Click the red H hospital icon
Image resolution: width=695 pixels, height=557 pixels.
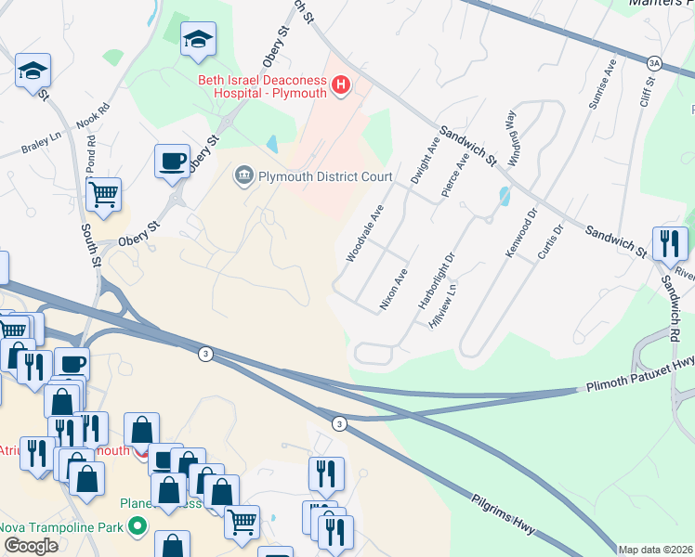click(x=341, y=86)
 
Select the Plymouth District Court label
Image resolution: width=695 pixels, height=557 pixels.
click(x=325, y=176)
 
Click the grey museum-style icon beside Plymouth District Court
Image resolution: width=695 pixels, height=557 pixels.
click(x=245, y=174)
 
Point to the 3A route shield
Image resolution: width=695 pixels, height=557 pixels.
click(x=654, y=62)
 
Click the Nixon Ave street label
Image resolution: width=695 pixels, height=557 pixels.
click(x=394, y=289)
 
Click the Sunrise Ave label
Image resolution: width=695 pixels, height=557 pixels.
click(x=600, y=84)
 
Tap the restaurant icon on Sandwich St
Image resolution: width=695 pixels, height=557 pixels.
click(x=670, y=244)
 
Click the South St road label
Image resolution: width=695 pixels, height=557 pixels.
click(x=90, y=243)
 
